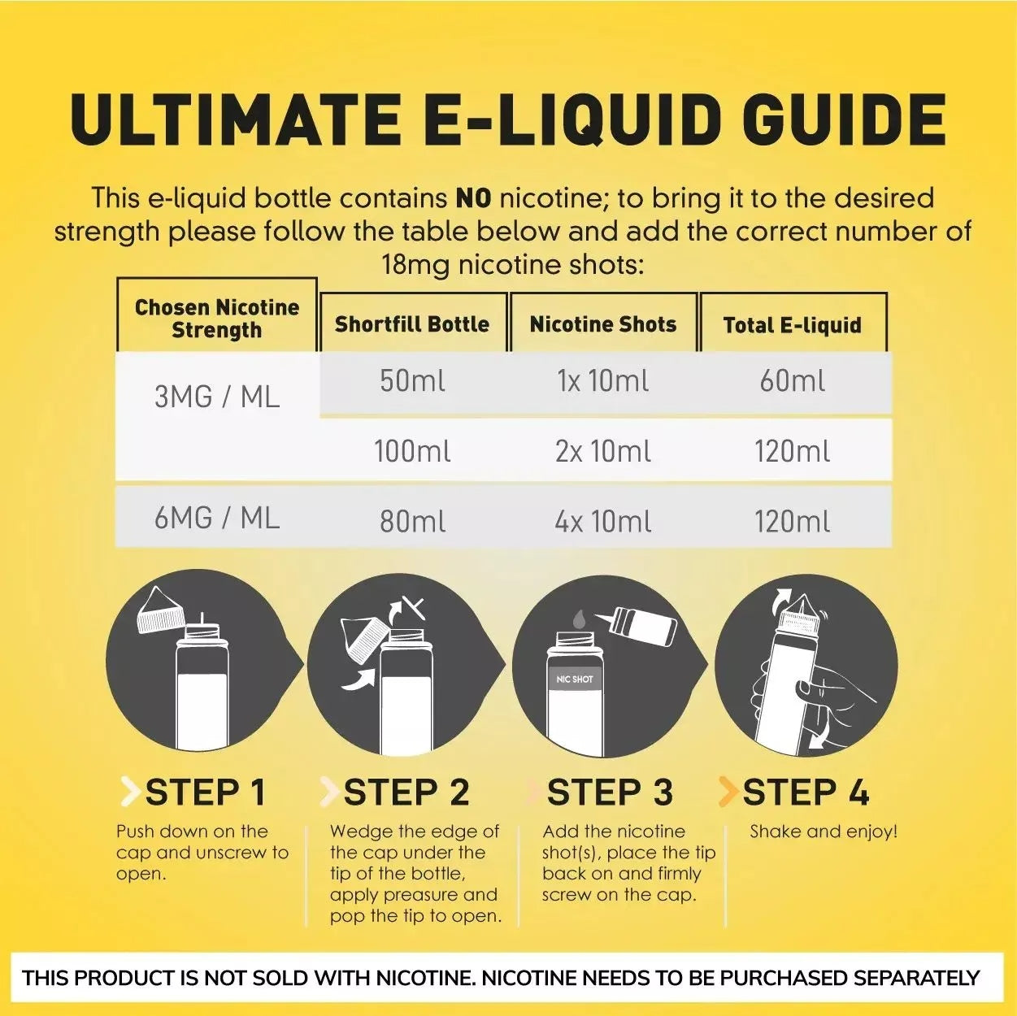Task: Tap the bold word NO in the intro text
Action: [473, 198]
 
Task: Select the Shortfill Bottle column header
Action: [412, 324]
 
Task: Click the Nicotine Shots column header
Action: [603, 324]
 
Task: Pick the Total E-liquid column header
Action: [793, 325]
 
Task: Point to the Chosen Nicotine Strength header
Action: [217, 319]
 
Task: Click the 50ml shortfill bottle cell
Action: [412, 381]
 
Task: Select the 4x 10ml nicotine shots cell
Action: [603, 521]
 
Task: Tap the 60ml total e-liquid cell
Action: [793, 381]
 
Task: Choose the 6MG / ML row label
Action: [217, 518]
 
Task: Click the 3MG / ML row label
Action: [217, 397]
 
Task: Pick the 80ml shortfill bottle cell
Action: [412, 521]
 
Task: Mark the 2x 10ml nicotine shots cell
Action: [603, 451]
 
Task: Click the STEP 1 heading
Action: [205, 792]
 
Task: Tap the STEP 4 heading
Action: [806, 792]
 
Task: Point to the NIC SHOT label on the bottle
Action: [575, 679]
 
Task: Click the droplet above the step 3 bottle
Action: [579, 619]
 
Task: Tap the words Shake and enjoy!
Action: [824, 831]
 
